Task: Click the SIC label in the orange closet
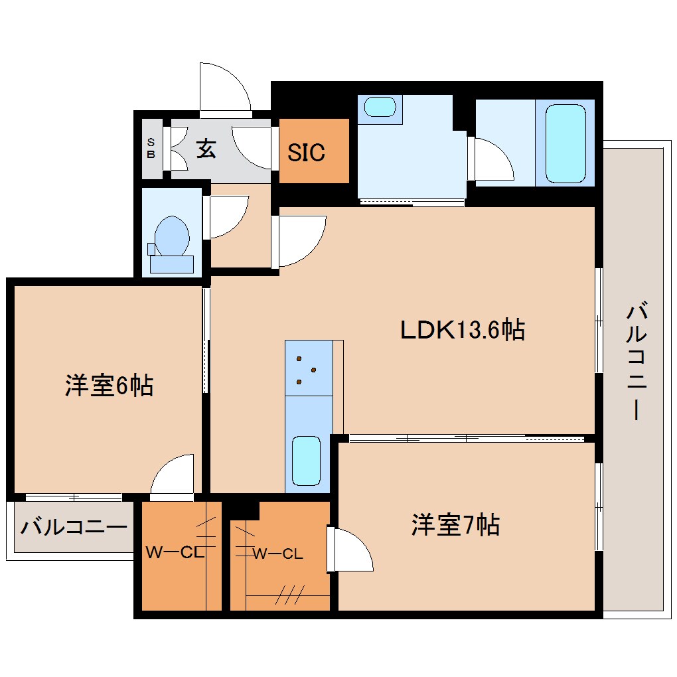(306, 152)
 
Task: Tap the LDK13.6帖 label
(462, 329)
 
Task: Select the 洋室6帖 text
(109, 385)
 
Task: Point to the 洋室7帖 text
(455, 526)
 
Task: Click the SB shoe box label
(151, 149)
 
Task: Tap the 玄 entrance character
(206, 149)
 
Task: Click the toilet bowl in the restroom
(172, 237)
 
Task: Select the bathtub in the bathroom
(565, 143)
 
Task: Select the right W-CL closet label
(278, 554)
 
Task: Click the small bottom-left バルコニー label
(73, 528)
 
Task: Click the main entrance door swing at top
(224, 88)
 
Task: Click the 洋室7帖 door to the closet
(350, 549)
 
